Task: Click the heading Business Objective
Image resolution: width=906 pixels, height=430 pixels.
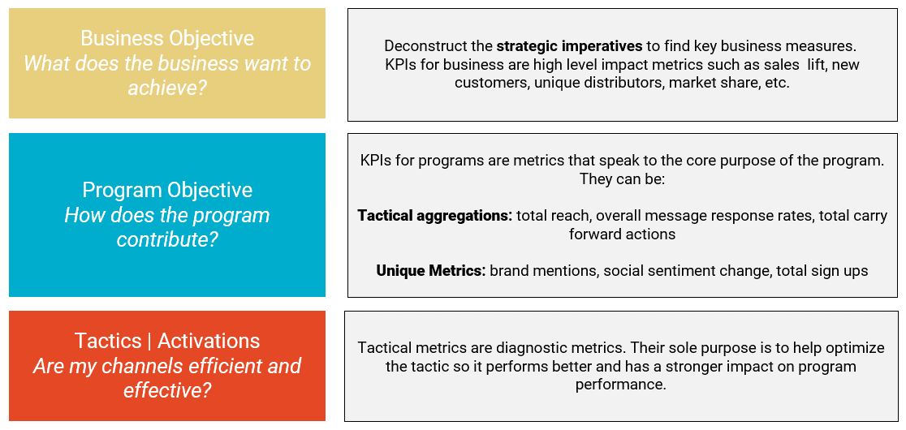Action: [167, 39]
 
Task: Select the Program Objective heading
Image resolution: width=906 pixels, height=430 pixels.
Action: [167, 190]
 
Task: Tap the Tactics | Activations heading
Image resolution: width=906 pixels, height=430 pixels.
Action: [167, 341]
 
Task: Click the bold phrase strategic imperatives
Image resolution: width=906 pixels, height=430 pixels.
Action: [569, 45]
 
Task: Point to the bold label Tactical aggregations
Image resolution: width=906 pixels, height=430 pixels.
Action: [435, 216]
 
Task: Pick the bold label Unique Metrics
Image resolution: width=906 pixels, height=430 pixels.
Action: [431, 271]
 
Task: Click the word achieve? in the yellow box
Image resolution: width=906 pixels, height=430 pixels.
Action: [167, 88]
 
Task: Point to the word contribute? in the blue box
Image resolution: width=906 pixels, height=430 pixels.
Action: [167, 239]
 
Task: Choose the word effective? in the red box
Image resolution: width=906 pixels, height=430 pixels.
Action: [167, 390]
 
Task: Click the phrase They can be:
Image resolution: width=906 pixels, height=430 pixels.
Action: [623, 179]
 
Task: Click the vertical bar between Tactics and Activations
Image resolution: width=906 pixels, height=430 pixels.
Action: [149, 342]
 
